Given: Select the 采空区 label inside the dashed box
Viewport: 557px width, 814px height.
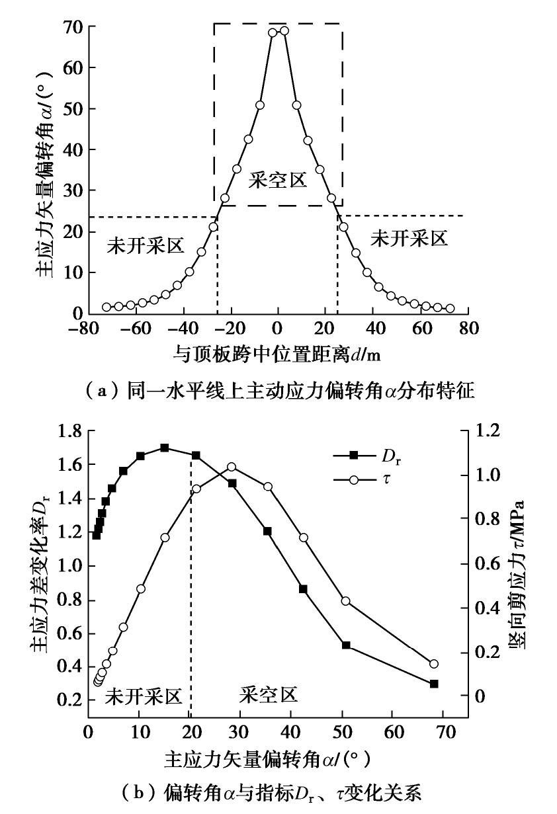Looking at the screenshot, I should (x=278, y=180).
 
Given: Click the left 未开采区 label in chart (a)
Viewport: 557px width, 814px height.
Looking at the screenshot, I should (x=145, y=244).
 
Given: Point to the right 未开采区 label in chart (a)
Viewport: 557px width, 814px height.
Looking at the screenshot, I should (x=409, y=239).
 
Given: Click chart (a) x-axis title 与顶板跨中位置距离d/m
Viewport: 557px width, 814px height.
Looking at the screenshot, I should (x=277, y=354).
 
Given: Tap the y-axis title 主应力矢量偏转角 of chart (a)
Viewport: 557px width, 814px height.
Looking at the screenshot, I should (x=44, y=165).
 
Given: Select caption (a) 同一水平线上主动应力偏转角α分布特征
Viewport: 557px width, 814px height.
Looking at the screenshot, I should (x=278, y=392).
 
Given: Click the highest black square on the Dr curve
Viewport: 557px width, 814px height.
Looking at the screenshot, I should (x=165, y=448).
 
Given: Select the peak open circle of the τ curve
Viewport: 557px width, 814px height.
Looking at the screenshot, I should (x=232, y=467).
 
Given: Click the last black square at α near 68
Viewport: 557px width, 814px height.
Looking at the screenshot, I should (x=434, y=684).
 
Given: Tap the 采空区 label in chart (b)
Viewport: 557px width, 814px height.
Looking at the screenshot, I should (x=268, y=694).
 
